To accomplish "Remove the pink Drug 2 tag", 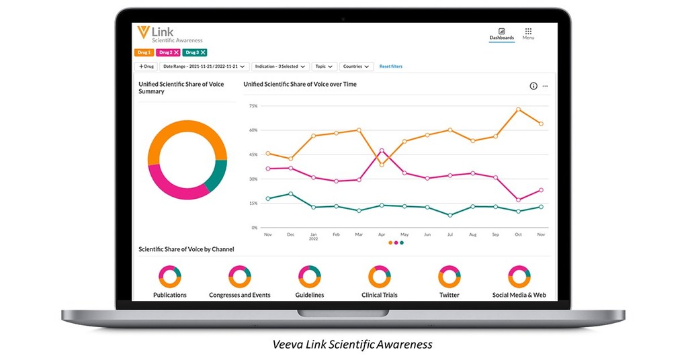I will point(176,52).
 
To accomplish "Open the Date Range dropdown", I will point(204,66).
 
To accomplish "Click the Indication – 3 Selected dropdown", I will point(281,66).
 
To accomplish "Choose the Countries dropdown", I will point(357,66).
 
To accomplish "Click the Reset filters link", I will point(391,66).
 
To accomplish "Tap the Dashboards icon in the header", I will point(501,32).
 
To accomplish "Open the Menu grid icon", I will point(528,32).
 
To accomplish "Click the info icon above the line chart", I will point(533,86).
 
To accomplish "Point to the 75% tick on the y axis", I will point(253,106).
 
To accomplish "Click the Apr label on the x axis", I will point(382,234).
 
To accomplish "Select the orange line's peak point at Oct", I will point(518,109).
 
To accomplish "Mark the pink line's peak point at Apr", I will point(382,150).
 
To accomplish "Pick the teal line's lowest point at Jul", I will point(449,215).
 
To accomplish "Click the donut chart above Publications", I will point(169,276).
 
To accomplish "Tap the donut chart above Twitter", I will point(449,276).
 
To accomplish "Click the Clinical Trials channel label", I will point(380,295).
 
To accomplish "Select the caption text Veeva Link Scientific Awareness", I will point(352,345).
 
